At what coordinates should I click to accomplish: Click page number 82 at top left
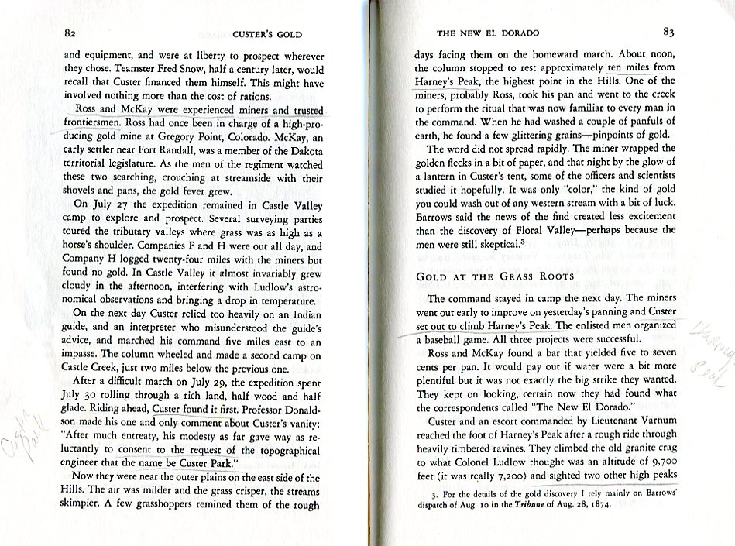pyautogui.click(x=70, y=34)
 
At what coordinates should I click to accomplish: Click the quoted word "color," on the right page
pyautogui.click(x=552, y=187)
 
